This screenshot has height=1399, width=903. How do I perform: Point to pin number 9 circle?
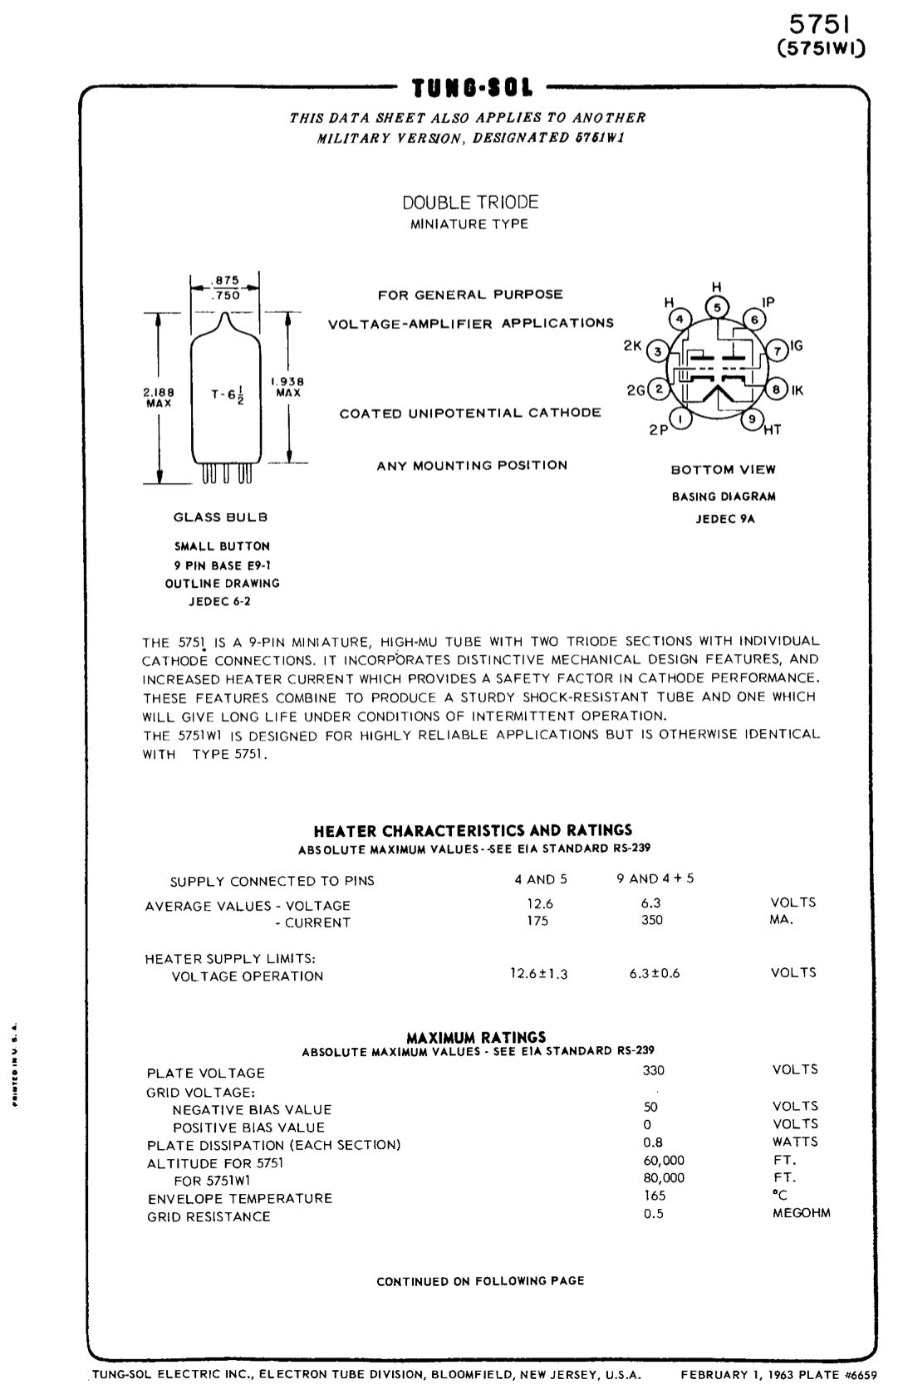coord(752,419)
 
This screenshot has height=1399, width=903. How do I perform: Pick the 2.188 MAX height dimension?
coord(159,397)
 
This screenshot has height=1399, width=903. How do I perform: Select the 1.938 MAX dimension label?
coord(288,387)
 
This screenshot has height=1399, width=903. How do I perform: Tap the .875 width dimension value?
coord(227,281)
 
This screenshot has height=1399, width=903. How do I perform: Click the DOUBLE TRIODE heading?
coord(470,203)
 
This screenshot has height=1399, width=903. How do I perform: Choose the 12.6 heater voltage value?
coord(539,903)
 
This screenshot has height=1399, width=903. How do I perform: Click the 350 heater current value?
coord(652,920)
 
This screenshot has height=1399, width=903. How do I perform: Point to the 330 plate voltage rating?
coord(653,1070)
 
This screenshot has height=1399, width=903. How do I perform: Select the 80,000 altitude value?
coord(664,1178)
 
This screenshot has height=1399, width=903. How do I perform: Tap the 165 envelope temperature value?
coord(655,1196)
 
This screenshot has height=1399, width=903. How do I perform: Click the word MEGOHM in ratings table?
coord(801,1213)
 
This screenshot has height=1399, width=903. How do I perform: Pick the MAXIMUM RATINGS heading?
coord(476,1037)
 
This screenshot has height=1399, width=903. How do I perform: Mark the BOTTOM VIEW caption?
coord(723,470)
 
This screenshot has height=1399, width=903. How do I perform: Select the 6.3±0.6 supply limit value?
coord(655,973)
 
